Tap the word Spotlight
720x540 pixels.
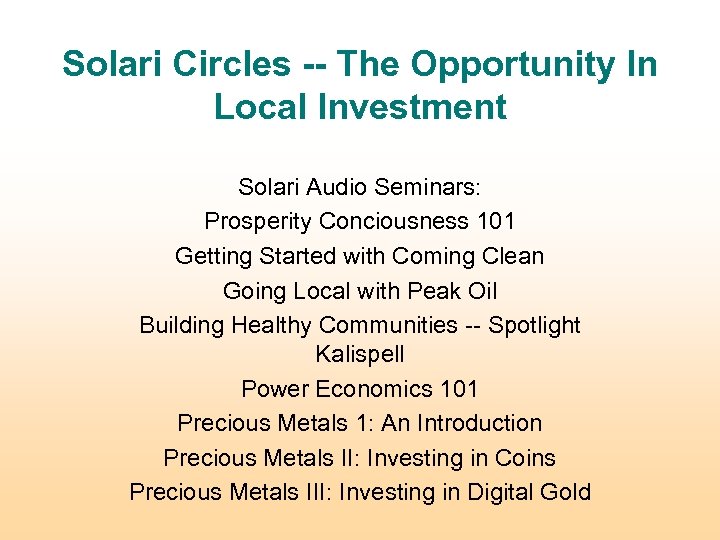coord(534,325)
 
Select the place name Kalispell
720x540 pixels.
coord(360,354)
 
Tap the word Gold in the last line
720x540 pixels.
coord(564,492)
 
